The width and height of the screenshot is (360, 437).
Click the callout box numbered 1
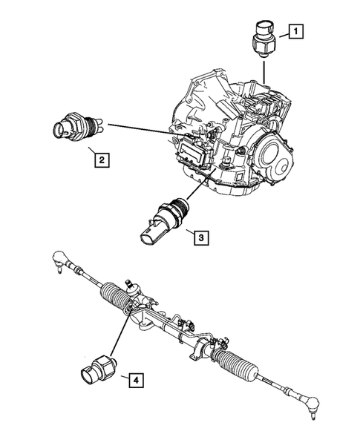(x=295, y=31)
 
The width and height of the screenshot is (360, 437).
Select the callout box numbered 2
(x=97, y=157)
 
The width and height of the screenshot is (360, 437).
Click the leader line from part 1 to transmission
(x=264, y=73)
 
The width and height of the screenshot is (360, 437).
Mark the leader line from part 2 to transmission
(x=137, y=130)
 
